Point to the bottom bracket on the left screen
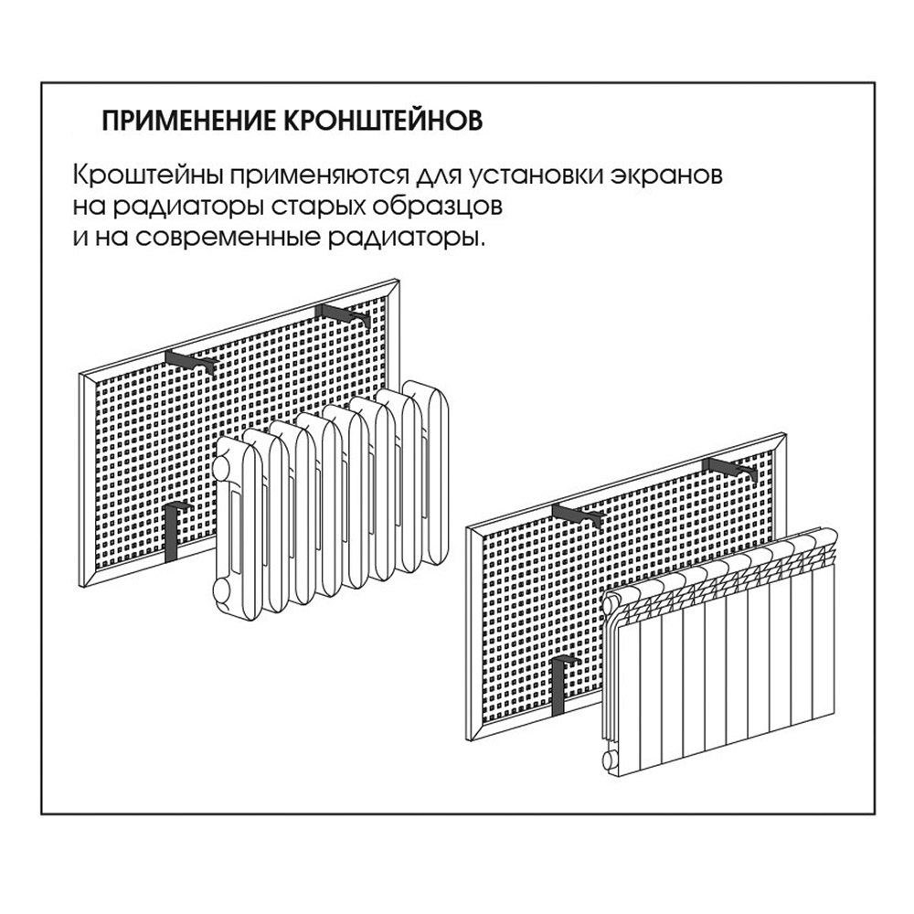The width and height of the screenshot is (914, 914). tap(175, 531)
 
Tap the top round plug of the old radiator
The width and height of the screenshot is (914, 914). tap(223, 466)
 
